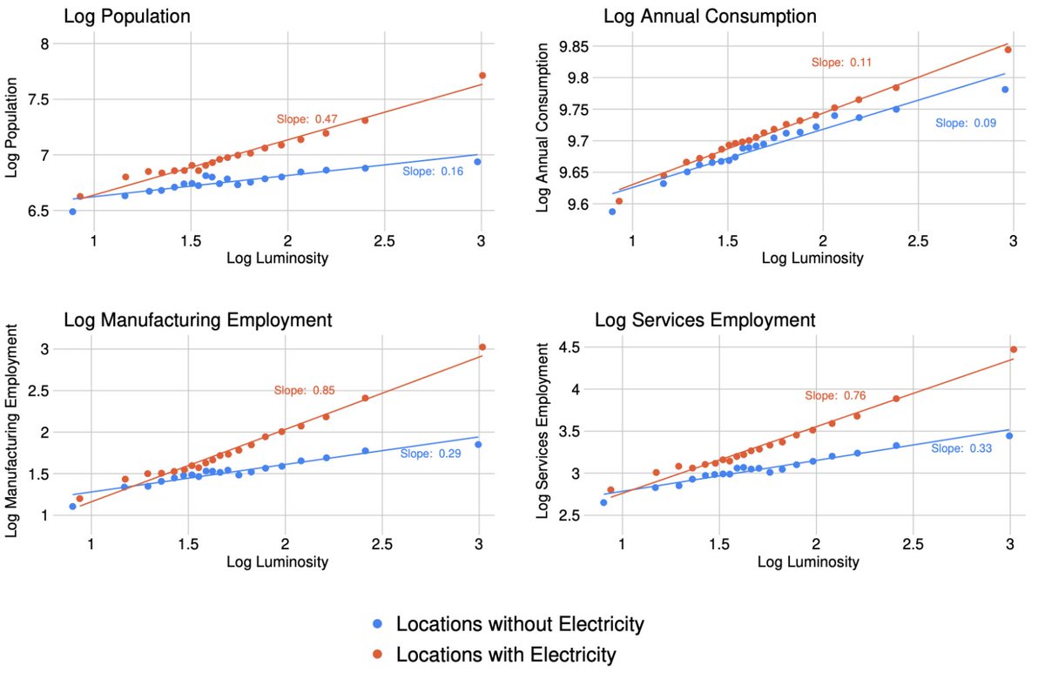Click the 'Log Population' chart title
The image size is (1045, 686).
[127, 17]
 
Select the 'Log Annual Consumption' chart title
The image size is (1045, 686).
[705, 17]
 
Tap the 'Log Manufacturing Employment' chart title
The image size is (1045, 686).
[198, 319]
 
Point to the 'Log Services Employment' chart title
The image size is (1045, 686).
[705, 319]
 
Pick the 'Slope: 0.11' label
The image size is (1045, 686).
[841, 63]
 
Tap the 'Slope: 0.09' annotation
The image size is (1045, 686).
[965, 124]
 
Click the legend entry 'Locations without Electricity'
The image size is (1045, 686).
[519, 624]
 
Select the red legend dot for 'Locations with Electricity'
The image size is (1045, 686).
[376, 654]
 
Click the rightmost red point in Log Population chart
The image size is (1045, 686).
[482, 76]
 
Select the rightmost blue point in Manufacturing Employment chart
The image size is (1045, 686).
[478, 444]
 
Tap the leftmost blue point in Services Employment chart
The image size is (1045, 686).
[603, 502]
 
